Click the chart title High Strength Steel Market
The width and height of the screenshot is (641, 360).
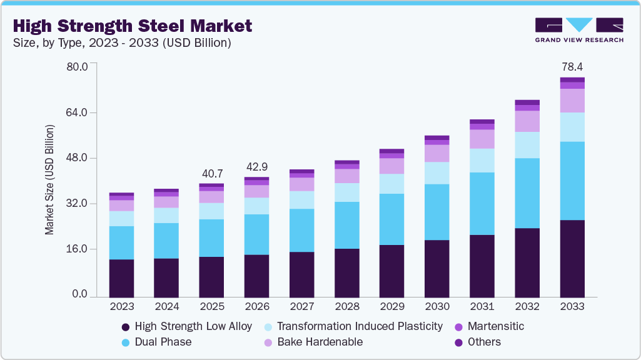pyautogui.click(x=133, y=26)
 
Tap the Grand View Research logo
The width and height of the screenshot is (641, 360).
pyautogui.click(x=578, y=30)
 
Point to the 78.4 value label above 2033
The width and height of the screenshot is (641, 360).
pyautogui.click(x=572, y=66)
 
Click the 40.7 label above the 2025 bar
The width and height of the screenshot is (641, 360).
pyautogui.click(x=212, y=173)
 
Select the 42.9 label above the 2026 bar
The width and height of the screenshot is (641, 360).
pyautogui.click(x=257, y=167)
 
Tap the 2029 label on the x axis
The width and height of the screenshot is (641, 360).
pyautogui.click(x=392, y=306)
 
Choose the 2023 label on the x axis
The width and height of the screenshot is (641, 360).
pyautogui.click(x=121, y=306)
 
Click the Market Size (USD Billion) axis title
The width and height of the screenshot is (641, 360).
pyautogui.click(x=49, y=180)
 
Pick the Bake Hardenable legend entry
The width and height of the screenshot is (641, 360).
pyautogui.click(x=320, y=342)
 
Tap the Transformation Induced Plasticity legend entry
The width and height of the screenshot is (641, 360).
pyautogui.click(x=360, y=326)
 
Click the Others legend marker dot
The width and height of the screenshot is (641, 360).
pyautogui.click(x=458, y=342)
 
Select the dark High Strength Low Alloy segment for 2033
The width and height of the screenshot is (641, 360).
pyautogui.click(x=572, y=258)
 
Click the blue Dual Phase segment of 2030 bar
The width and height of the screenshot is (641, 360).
pyautogui.click(x=437, y=212)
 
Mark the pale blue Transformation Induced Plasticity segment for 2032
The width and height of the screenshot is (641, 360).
pyautogui.click(x=527, y=145)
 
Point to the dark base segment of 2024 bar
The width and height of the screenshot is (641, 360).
pyautogui.click(x=166, y=277)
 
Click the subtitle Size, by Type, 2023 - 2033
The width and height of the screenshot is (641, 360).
pyautogui.click(x=123, y=43)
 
